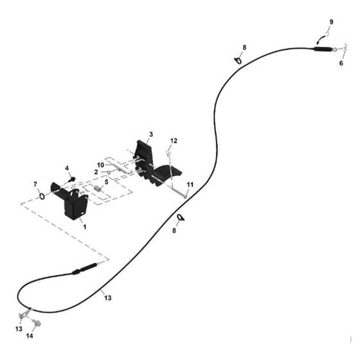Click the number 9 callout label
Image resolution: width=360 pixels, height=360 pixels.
[x=331, y=22]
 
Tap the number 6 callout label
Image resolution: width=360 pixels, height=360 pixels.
[x=341, y=63]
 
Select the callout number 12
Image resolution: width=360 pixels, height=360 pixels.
[x=174, y=141]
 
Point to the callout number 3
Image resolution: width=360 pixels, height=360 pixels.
[x=151, y=134]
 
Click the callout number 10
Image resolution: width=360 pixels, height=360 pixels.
[x=100, y=165]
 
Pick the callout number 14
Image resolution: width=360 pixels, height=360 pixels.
[x=30, y=336]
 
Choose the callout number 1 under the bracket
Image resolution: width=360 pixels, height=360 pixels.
[x=85, y=227]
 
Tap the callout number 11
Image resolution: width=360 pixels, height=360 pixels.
[x=190, y=184]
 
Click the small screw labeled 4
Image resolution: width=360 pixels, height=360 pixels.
[x=73, y=179]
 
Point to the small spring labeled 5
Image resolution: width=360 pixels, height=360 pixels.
[x=98, y=189]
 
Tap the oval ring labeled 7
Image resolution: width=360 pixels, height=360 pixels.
[x=42, y=196]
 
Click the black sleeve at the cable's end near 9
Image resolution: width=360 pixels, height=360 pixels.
[x=322, y=49]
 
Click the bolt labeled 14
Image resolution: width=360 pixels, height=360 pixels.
[x=37, y=323]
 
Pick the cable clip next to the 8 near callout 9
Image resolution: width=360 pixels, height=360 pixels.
[x=238, y=60]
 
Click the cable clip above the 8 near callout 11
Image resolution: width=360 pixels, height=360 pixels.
[x=181, y=217]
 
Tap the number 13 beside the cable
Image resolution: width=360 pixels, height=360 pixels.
[x=108, y=298]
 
